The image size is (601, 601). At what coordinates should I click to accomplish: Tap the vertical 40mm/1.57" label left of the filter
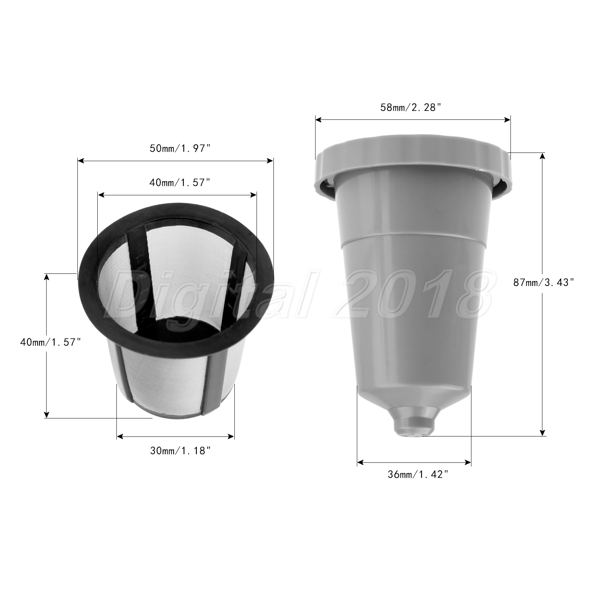point(51,342)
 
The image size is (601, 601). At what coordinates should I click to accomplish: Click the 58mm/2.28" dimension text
point(410,107)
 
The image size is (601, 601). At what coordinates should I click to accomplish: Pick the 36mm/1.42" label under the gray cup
point(418,475)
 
